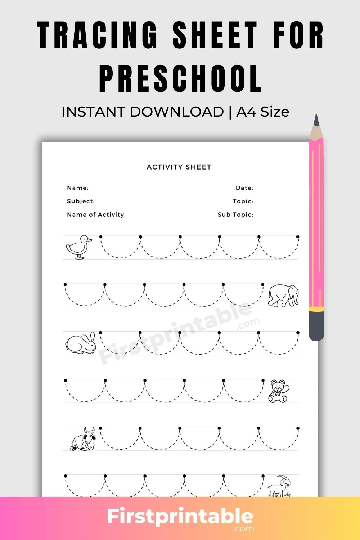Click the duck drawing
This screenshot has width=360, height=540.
(78, 247)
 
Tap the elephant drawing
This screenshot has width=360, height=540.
(283, 296)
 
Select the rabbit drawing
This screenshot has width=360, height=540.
(81, 343)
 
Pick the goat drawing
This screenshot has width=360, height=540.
(280, 486)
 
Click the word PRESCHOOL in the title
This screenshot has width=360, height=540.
(180, 78)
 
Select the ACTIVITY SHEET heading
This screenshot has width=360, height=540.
(179, 167)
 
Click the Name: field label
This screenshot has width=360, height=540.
(78, 188)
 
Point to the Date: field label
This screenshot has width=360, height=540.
(244, 188)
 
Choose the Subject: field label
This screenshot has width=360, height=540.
(81, 201)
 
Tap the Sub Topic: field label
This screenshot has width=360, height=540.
(235, 215)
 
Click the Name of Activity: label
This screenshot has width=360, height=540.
(96, 215)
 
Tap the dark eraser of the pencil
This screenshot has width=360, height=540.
(316, 326)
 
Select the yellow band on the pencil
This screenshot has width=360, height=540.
(316, 309)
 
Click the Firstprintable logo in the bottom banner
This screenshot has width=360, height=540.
(180, 518)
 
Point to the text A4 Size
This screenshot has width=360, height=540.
(263, 112)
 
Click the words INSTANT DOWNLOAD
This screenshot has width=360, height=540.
(143, 112)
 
